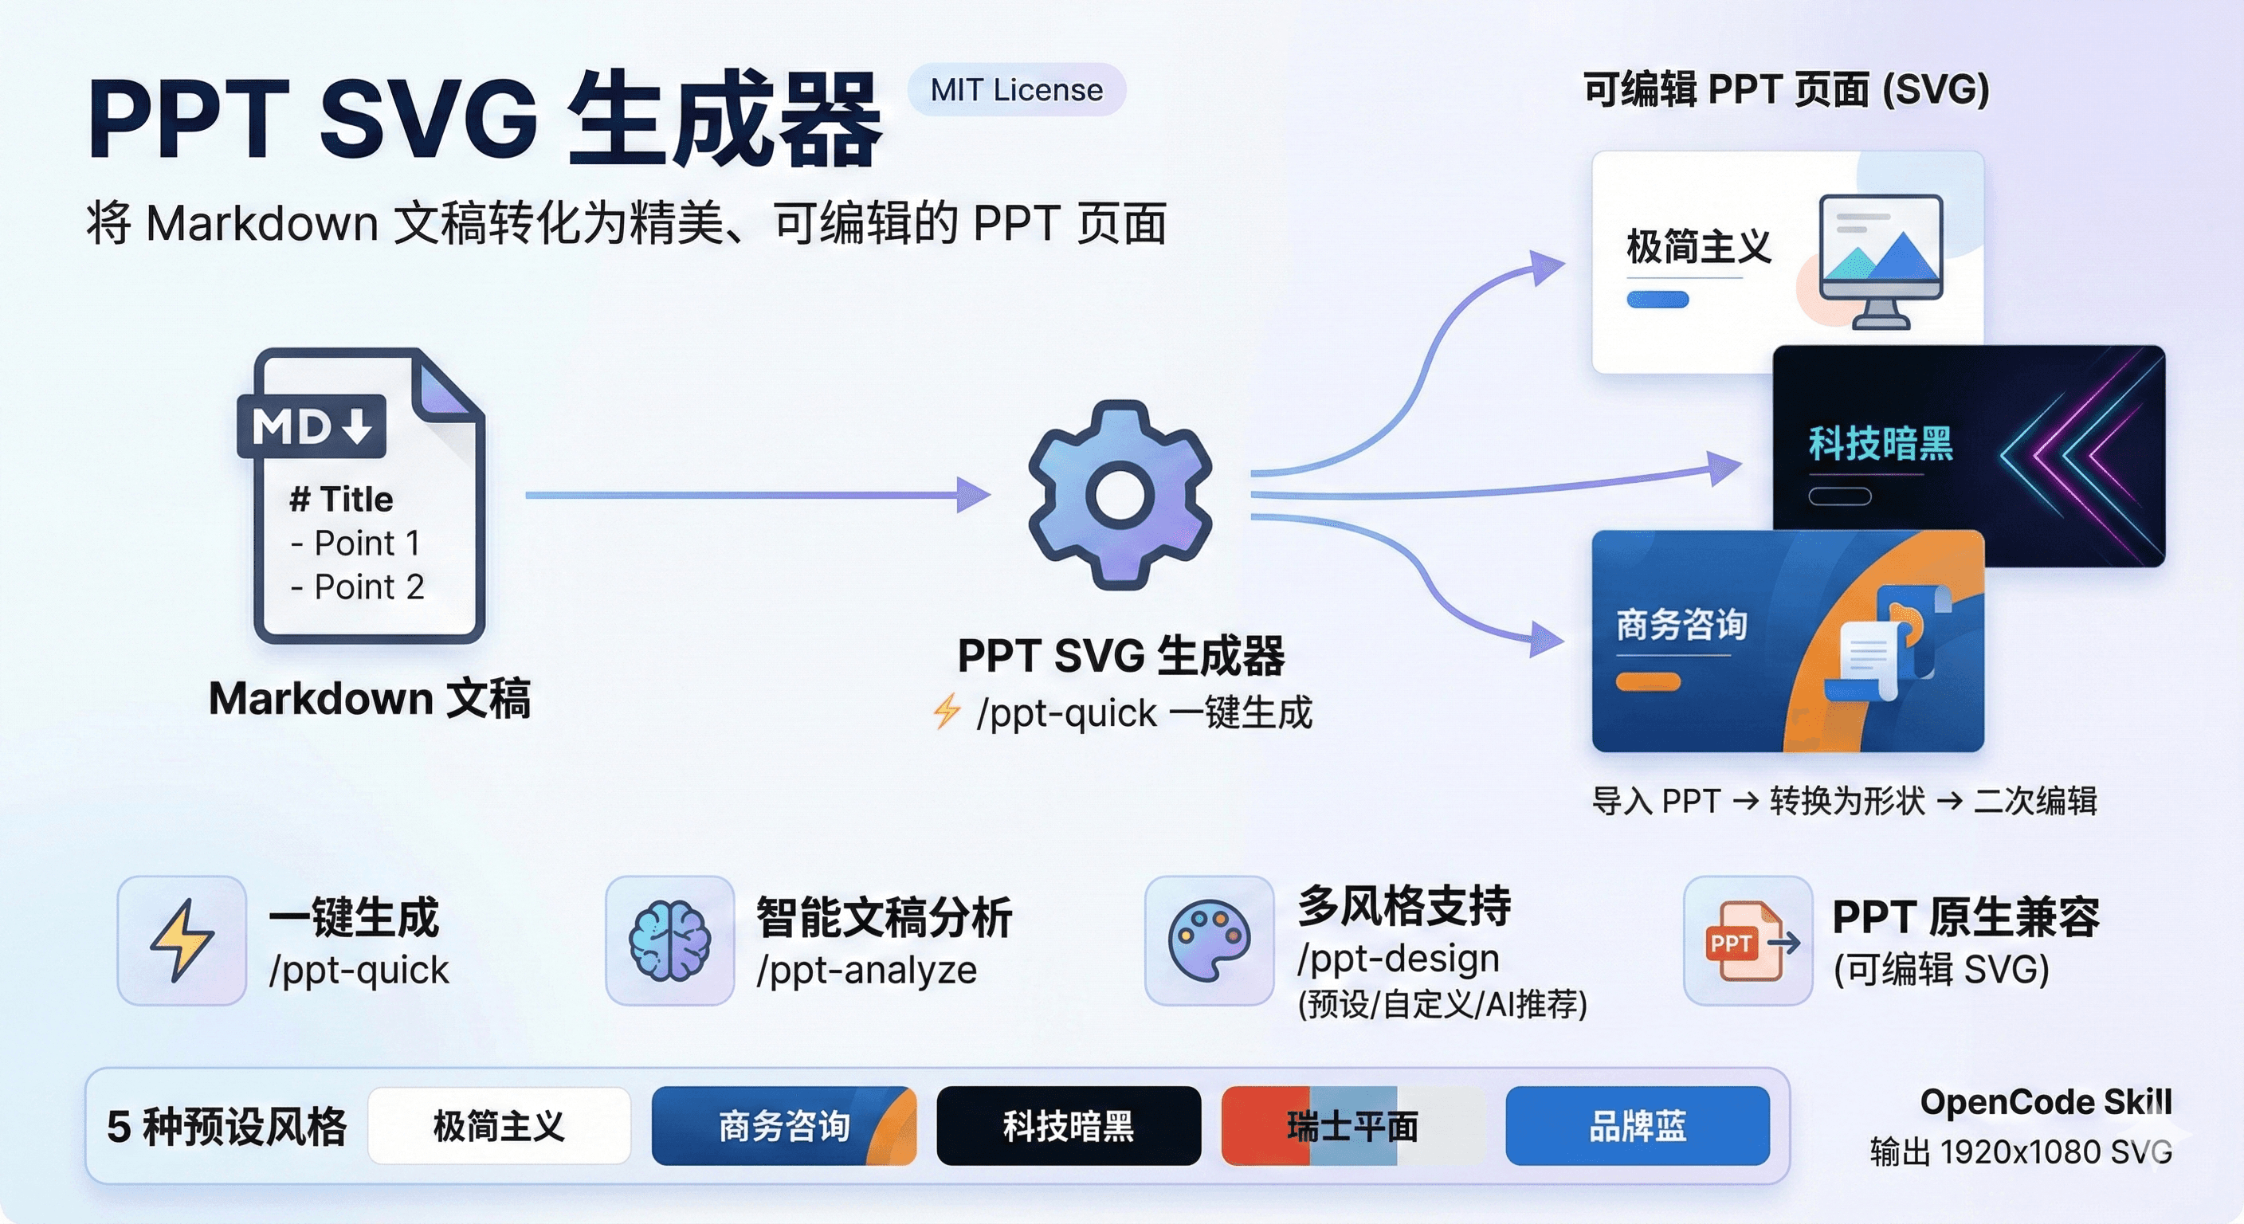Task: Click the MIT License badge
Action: pos(1016,90)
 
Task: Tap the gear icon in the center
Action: pos(1120,494)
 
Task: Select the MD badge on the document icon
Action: pos(312,427)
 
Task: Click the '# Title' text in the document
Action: pos(340,499)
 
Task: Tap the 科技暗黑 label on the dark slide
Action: pos(1881,443)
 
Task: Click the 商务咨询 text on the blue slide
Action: pos(1681,625)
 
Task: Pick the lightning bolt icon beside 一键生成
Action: pos(181,941)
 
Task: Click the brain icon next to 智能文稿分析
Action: pos(669,941)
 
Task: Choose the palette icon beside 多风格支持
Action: pos(1208,941)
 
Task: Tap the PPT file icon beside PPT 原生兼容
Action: pos(1748,941)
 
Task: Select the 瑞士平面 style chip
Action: pos(1353,1125)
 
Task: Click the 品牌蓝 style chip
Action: pos(1637,1125)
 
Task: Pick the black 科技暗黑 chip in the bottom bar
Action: pos(1068,1125)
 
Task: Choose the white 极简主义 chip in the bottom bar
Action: pos(499,1125)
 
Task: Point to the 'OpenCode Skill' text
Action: pos(2046,1102)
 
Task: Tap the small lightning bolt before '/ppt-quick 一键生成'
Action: pos(947,711)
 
